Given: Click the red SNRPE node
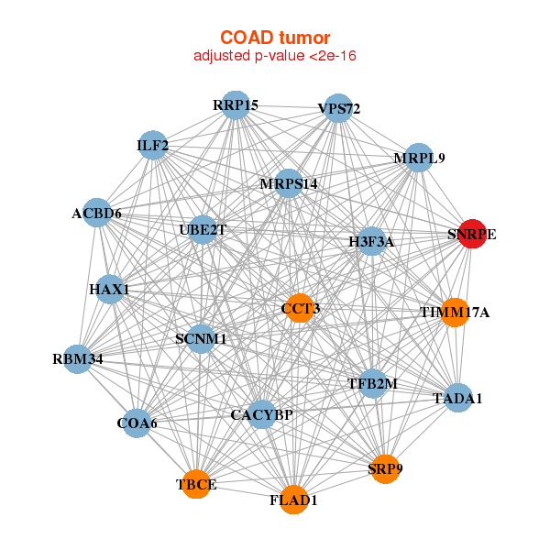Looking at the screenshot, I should pos(471,234).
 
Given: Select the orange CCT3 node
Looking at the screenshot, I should pos(300,308).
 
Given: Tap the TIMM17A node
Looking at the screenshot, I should pos(455,313).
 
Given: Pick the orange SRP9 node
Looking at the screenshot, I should pos(385,468).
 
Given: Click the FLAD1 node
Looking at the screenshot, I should pos(293,500).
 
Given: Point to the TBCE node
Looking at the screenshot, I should pos(196,483).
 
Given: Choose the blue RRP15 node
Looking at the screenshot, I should pos(236,104).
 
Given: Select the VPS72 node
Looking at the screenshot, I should pos(338,108).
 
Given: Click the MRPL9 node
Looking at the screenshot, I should pos(418,158).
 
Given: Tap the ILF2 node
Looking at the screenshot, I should pos(152,145).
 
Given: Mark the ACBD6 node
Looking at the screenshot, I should pos(97,214).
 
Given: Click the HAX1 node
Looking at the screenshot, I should pos(110,290).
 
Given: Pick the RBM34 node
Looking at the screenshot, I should pos(79,358).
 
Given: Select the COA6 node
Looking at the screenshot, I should pos(137,423).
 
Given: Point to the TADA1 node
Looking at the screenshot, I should pos(457,398).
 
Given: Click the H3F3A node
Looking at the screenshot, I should pos(371,242).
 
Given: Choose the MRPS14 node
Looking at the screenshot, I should pos(288,183).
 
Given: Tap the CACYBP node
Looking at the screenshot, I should pos(261,415).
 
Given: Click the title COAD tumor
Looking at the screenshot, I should pos(275,38).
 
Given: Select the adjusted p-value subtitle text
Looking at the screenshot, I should pos(275,56).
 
